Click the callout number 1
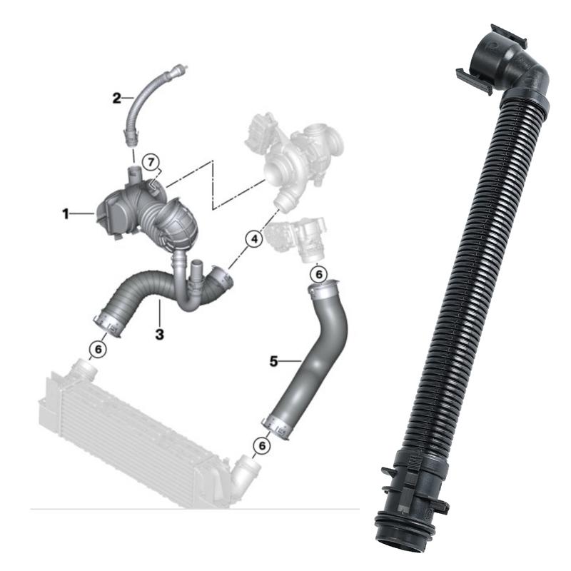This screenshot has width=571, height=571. point(64,213)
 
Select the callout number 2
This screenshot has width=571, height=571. point(116,98)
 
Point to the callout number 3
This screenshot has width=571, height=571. point(159,334)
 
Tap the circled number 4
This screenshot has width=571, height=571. point(252,241)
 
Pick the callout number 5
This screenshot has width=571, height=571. point(273,361)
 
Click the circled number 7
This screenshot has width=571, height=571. point(151,161)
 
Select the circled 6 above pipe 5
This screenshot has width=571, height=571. point(319,273)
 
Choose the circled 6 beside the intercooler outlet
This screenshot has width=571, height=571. point(262,445)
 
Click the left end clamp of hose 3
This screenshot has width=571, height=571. point(108,321)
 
